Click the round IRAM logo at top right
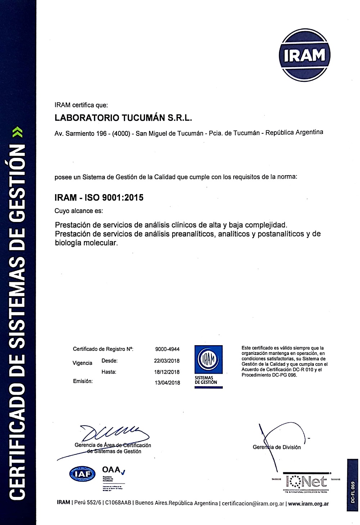(x=305, y=55)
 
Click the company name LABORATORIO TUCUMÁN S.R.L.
(x=123, y=118)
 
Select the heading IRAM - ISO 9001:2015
(x=99, y=197)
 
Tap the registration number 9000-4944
(x=167, y=349)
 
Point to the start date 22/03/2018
(x=167, y=361)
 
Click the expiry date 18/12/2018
(x=167, y=372)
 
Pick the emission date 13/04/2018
(x=167, y=383)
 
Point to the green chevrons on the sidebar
(x=20, y=132)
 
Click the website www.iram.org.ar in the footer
(x=309, y=503)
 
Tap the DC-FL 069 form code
(x=353, y=492)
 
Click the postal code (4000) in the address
(x=121, y=133)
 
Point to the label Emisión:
(x=82, y=381)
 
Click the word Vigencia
(x=82, y=363)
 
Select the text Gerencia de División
(x=276, y=447)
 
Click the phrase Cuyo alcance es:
(x=78, y=211)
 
